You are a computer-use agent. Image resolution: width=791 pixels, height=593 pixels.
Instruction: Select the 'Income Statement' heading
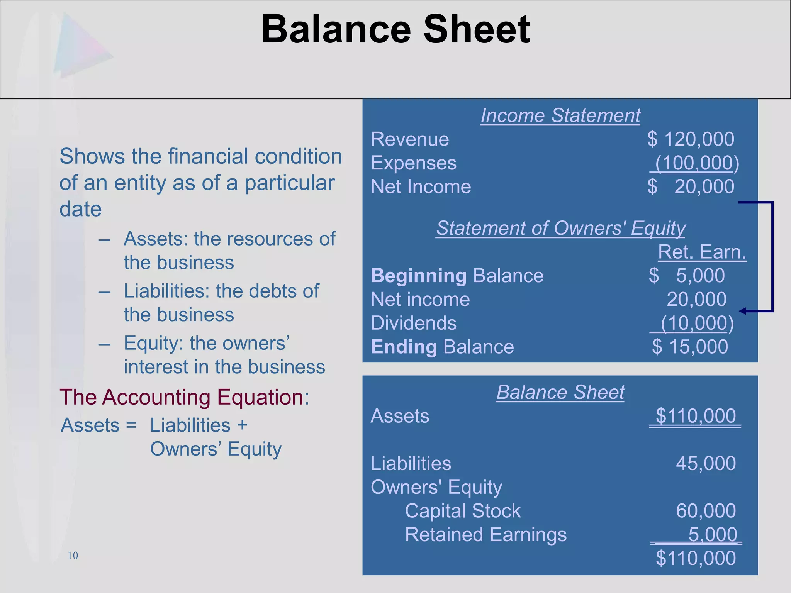tap(560, 115)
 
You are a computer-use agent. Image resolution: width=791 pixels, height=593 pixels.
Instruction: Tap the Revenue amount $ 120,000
tap(691, 139)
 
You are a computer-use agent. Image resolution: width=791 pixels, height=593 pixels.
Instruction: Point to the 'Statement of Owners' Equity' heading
tap(560, 228)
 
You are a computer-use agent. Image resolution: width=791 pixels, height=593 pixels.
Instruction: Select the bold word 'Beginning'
tap(419, 276)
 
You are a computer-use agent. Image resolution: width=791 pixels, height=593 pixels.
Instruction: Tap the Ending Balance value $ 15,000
tap(690, 347)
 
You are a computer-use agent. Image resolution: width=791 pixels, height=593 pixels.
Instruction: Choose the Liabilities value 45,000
tap(706, 463)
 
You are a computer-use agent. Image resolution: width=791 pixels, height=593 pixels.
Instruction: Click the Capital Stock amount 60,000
tap(706, 511)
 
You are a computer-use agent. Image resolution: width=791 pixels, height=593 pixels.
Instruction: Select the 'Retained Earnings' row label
tap(485, 535)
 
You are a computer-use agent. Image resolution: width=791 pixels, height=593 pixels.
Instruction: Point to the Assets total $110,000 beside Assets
tap(695, 416)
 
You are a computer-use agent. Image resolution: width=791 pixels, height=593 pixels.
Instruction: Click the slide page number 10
tap(73, 556)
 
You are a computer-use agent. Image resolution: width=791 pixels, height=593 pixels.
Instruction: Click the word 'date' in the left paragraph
tap(80, 209)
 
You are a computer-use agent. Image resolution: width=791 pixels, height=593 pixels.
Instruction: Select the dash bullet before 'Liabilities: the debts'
tap(104, 291)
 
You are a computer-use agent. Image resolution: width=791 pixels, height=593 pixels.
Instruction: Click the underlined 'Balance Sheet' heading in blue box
tap(560, 392)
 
